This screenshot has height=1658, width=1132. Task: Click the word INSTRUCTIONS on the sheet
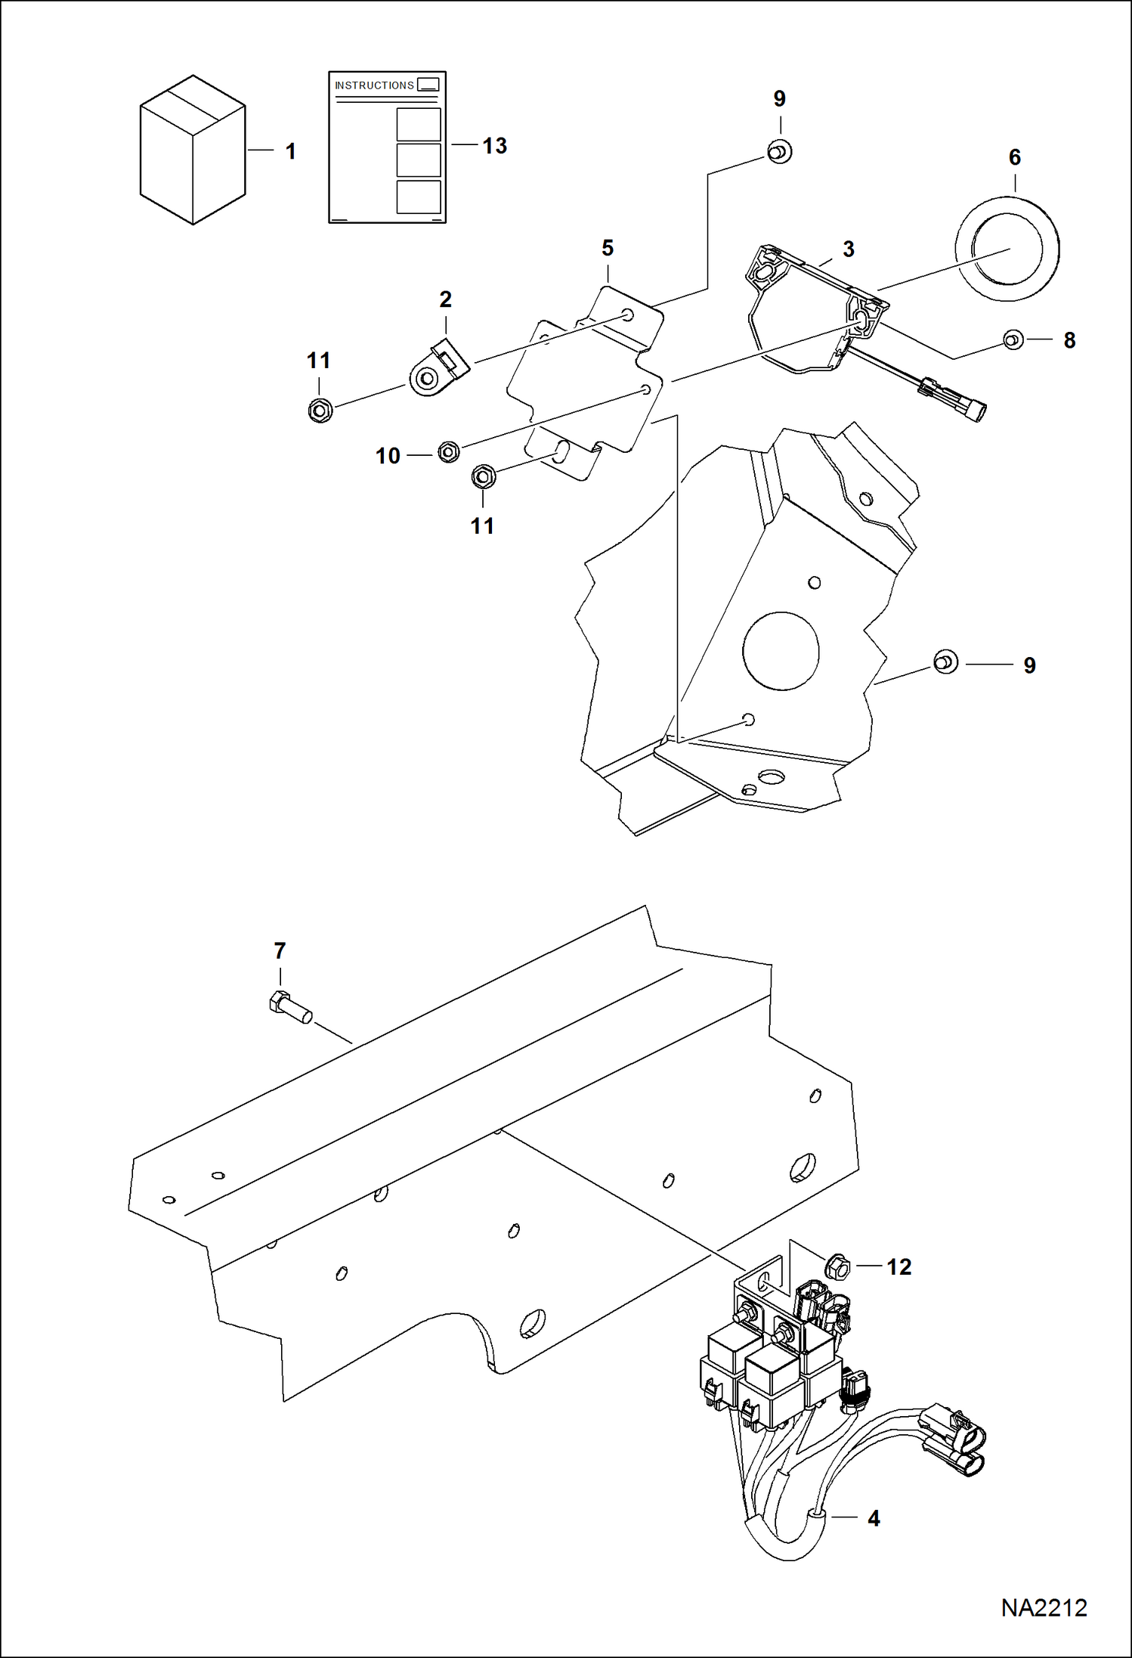(374, 85)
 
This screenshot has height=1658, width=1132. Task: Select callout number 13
(494, 146)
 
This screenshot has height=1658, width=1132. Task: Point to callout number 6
(1014, 157)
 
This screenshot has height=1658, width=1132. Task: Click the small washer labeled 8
(1013, 339)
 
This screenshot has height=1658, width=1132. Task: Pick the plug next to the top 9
(779, 151)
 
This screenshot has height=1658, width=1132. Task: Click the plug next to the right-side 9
(945, 662)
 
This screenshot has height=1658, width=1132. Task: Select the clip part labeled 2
(440, 368)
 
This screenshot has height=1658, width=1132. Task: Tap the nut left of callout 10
(448, 452)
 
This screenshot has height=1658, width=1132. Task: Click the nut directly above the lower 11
(483, 476)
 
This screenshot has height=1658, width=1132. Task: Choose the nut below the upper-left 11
(320, 411)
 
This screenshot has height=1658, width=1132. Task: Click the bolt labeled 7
(290, 1007)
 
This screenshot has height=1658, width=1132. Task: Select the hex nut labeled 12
(837, 1266)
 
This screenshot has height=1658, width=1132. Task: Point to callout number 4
(874, 1518)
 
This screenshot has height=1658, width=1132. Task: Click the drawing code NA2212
(1044, 1607)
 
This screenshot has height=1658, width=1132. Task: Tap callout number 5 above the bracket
(608, 248)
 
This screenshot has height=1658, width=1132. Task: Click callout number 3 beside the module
(848, 249)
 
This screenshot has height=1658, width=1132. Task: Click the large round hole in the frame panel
(781, 651)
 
